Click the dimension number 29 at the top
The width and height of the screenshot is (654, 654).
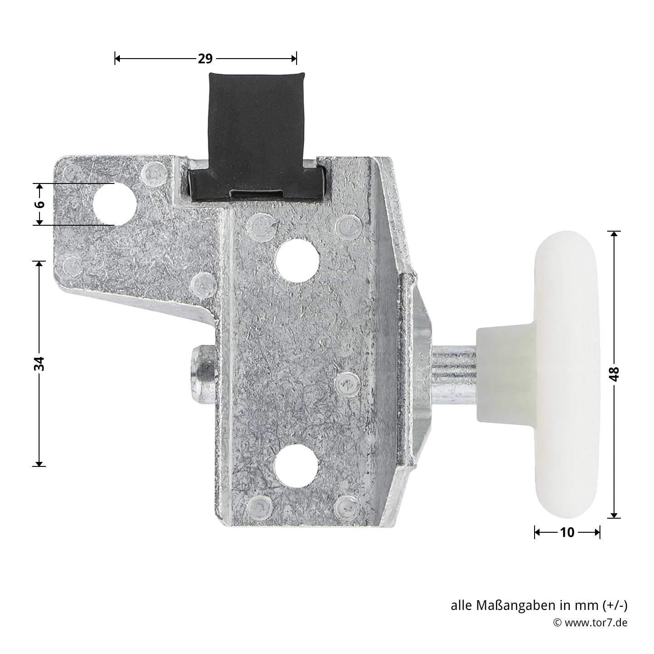[x=205, y=59]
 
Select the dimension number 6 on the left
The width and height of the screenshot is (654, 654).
[x=40, y=204]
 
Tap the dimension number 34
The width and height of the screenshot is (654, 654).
[x=40, y=363]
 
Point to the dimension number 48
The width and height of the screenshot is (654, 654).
[x=614, y=374]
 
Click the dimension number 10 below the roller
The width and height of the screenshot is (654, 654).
[x=567, y=532]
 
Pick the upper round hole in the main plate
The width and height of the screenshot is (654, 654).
[x=297, y=260]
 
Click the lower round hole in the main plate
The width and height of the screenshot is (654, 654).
[x=297, y=464]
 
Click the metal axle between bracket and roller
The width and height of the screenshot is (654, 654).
[x=453, y=374]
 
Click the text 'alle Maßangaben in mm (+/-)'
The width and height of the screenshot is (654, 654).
[x=539, y=605]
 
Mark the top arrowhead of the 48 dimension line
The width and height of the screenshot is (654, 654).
[x=614, y=234]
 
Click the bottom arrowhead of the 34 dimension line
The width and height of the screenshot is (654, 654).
[x=40, y=463]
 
